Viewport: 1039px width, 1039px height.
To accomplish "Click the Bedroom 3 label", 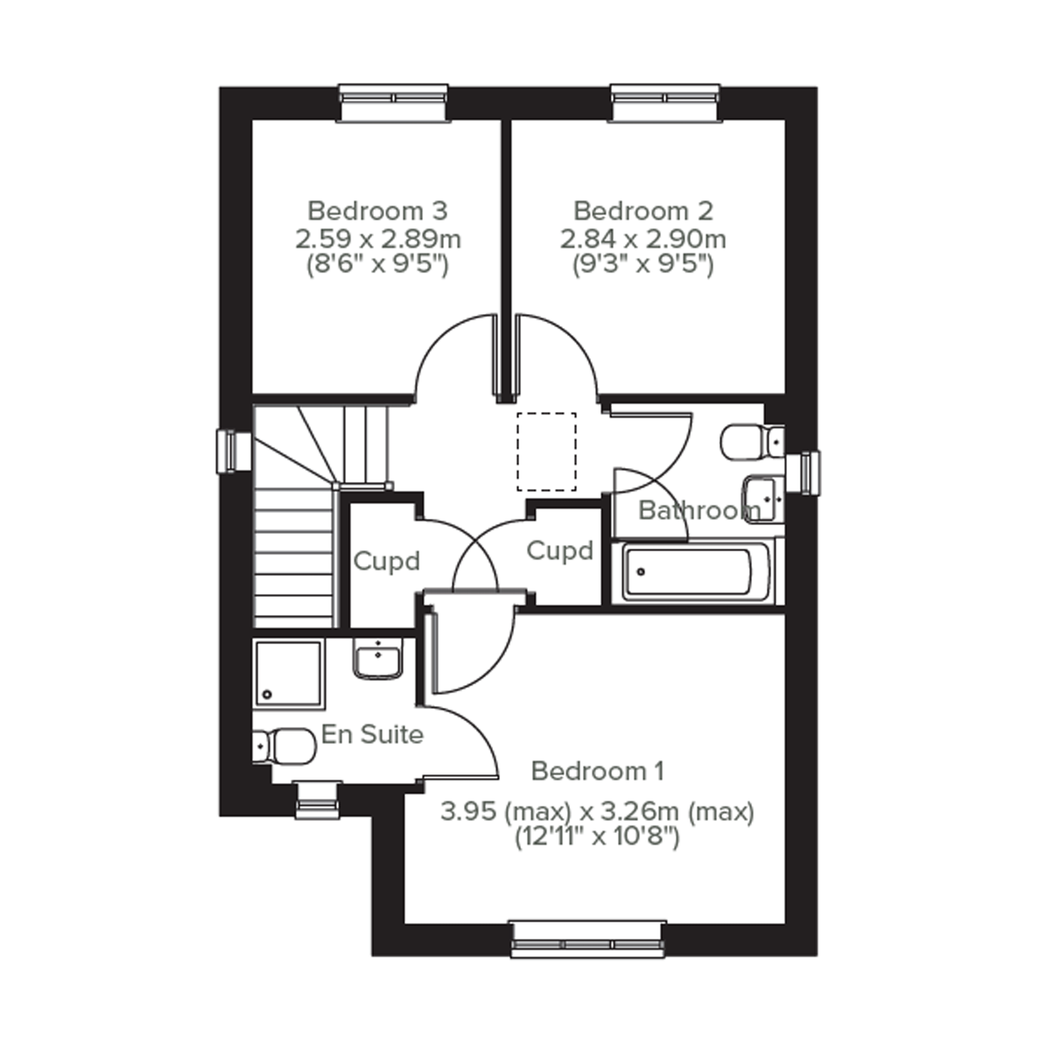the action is pos(378,211).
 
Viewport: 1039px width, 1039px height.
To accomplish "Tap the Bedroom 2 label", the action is pos(643,211).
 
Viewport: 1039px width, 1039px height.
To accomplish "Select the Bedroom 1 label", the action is pos(597,771).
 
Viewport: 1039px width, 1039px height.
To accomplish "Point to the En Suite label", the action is pos(372,734).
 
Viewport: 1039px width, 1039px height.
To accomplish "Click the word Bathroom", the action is pos(699,511).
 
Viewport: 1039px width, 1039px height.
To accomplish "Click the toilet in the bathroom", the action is pos(752,443).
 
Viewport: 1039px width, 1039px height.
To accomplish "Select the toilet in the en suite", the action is pos(283,747).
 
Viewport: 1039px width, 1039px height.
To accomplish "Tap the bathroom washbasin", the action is pos(763,499).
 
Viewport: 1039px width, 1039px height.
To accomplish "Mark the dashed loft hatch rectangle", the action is pos(546,452).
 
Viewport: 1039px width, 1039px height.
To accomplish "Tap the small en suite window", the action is pos(318,801).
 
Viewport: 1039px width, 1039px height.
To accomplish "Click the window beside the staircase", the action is pos(234,451).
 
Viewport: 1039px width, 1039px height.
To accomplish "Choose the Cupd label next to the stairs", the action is pos(387,561).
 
